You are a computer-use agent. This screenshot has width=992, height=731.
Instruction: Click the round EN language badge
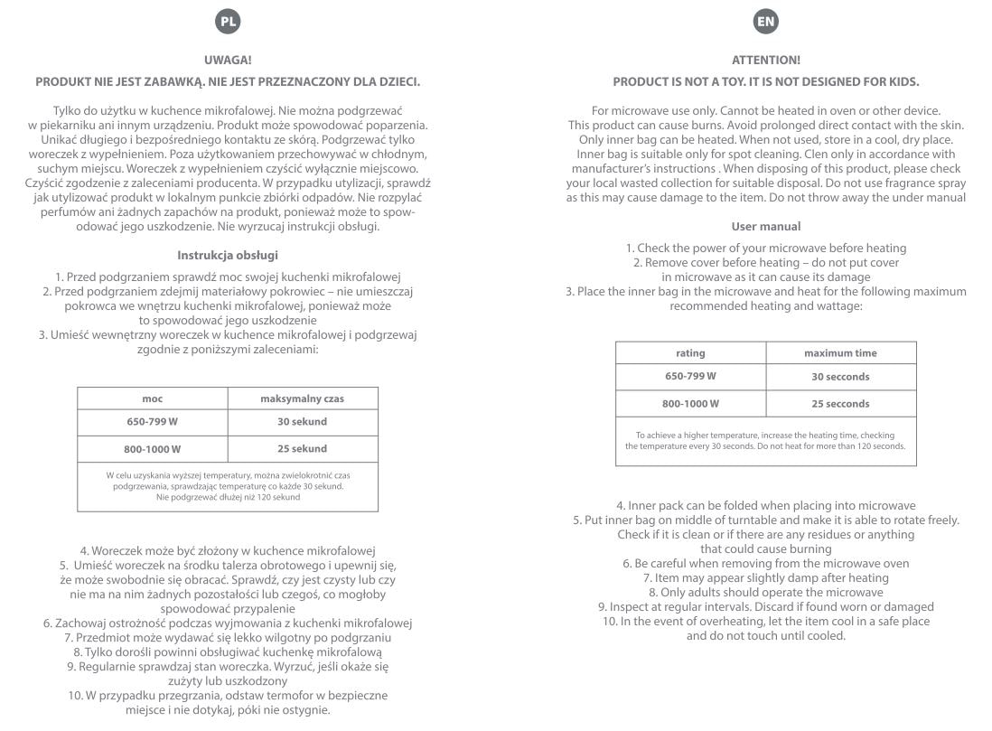coord(765,20)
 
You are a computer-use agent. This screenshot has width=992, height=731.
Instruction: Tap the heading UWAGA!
coord(228,61)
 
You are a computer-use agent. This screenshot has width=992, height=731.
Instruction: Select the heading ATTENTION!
coord(765,61)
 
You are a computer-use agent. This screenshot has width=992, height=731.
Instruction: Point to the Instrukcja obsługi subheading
coord(228,256)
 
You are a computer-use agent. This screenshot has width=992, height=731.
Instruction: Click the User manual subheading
coord(765,226)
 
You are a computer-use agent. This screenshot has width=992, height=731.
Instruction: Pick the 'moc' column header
coord(152,398)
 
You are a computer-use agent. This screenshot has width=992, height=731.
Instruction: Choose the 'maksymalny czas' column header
coord(303,398)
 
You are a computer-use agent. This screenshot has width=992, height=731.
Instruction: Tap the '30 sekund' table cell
coord(303,422)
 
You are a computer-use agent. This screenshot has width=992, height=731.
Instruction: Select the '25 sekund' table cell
coord(303,448)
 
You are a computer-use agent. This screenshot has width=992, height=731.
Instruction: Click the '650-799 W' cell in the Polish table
coord(152,422)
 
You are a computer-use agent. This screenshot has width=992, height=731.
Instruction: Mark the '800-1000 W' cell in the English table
coord(690,403)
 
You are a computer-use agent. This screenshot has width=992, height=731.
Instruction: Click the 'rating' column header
coord(690,352)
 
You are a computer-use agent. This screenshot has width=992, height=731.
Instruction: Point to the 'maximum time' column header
coord(840,352)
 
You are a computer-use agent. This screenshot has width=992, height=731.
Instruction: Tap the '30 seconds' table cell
coord(840,377)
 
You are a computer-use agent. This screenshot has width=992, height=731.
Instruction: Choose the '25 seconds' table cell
coord(840,403)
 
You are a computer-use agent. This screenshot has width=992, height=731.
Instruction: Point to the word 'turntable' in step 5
coord(751,520)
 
